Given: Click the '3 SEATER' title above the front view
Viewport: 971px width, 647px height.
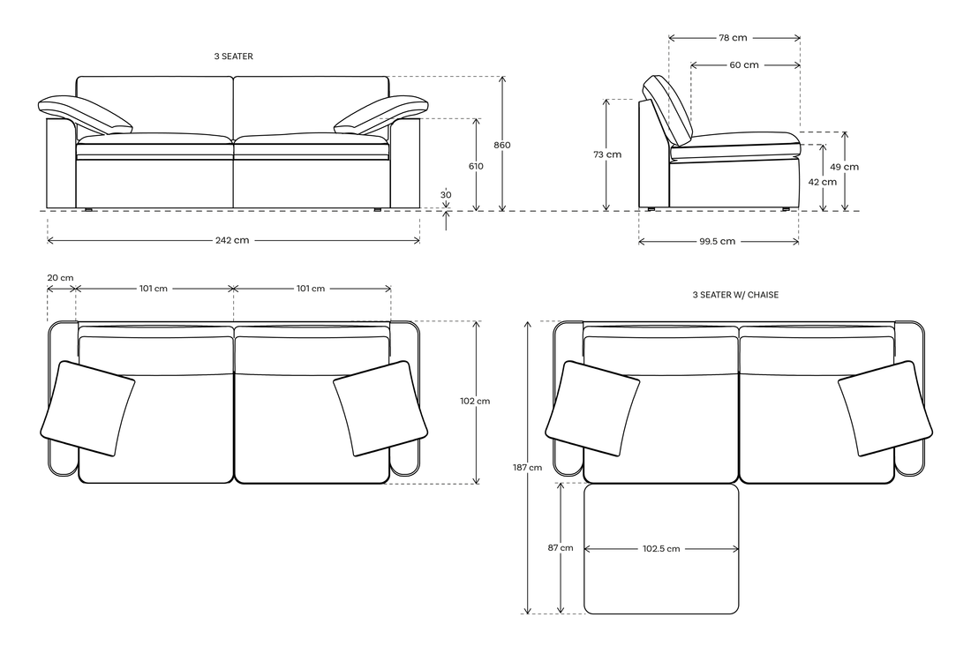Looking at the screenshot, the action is [x=233, y=56].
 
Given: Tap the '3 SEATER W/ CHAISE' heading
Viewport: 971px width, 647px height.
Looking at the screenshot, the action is [x=735, y=295].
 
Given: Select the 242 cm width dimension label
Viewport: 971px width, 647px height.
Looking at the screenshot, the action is [x=232, y=240].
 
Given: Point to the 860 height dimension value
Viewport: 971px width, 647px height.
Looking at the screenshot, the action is [x=502, y=145].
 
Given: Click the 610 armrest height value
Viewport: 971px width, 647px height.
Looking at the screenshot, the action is [x=476, y=166].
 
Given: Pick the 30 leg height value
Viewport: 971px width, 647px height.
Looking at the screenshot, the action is [x=446, y=194].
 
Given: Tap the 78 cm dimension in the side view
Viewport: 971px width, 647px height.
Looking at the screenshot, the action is [x=733, y=38].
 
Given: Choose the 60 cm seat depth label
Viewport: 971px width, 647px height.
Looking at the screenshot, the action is [x=744, y=65].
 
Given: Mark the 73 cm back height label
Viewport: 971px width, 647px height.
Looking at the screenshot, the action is [x=607, y=154].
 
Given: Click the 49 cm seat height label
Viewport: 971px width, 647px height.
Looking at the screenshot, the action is [x=845, y=167].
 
